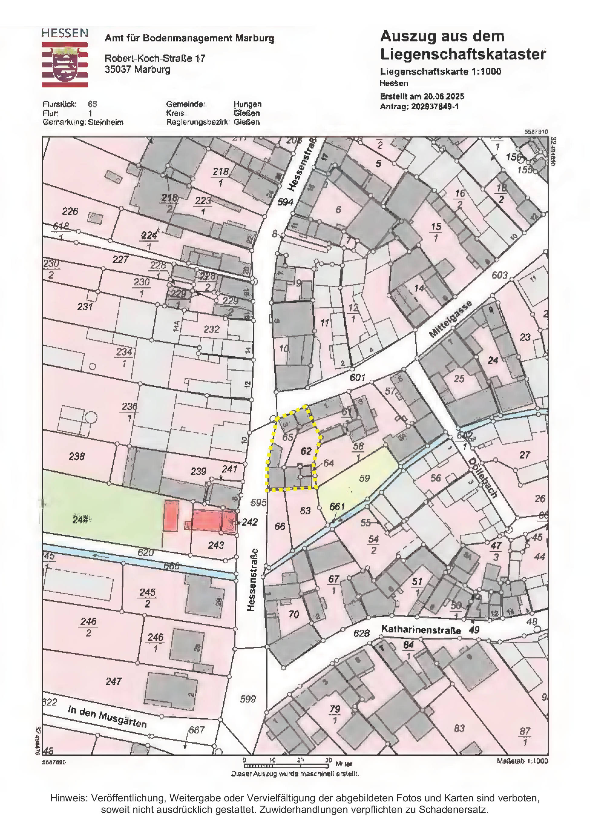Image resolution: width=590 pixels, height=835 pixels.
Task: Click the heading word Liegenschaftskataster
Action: [462, 54]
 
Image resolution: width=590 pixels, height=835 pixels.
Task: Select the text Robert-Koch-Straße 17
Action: [155, 58]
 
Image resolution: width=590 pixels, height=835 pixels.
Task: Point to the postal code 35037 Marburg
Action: [137, 69]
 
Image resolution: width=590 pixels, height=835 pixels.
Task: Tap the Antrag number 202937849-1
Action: [435, 107]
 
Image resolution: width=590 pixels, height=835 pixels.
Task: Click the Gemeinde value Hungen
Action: [247, 104]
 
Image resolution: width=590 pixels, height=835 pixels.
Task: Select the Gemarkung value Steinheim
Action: [105, 122]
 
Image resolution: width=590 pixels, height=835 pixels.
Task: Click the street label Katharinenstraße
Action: [421, 629]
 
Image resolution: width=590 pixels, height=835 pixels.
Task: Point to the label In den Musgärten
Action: [107, 716]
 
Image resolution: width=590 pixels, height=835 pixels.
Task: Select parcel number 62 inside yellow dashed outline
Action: [306, 451]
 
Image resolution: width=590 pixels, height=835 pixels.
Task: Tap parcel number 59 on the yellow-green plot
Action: [364, 478]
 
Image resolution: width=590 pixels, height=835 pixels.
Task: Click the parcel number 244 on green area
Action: [80, 519]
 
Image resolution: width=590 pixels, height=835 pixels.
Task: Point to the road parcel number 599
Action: [248, 699]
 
